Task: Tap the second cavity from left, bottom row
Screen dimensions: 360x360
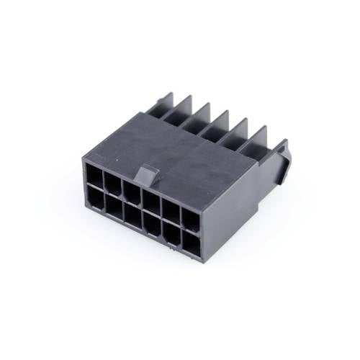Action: (x=113, y=207)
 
